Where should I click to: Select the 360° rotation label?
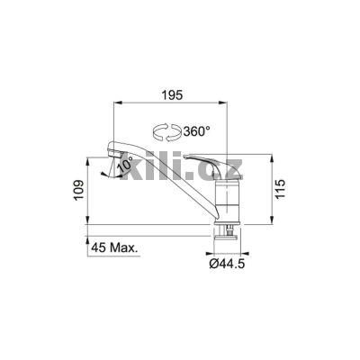197,131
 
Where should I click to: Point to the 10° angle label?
123,165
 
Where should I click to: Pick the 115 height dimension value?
285,191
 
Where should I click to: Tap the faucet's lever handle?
209,163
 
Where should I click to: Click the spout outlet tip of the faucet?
105,170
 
